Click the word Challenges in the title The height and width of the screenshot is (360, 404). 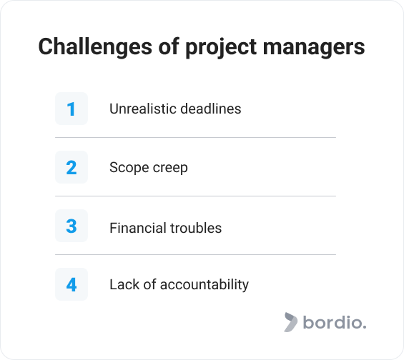pos(95,47)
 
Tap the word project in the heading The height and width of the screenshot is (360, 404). pos(221,48)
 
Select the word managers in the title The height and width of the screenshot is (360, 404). pos(314,49)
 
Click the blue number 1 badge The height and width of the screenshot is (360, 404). pos(72,109)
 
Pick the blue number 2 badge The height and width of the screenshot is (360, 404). pos(72,167)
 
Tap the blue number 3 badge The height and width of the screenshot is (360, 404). pos(72,226)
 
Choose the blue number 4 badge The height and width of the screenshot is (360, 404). pos(72,284)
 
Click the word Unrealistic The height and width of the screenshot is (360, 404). pos(143,109)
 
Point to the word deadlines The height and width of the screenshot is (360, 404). pos(211,109)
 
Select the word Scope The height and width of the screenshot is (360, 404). pos(129,169)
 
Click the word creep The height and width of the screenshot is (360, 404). pos(170,169)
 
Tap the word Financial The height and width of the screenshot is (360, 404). pos(138,228)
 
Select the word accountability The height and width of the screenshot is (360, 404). pos(205,285)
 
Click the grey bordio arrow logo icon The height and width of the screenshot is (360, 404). pos(290,322)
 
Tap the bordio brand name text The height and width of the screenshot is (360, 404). pos(335,322)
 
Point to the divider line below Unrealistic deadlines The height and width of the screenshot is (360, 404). pos(195,137)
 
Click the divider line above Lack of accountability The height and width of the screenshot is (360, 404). pos(195,255)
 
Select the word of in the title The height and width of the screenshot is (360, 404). pos(169,47)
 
